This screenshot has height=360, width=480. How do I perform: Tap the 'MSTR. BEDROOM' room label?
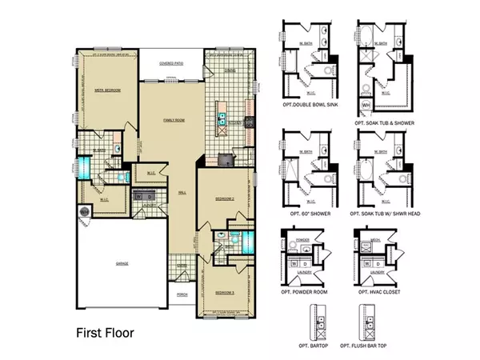click(x=107, y=90)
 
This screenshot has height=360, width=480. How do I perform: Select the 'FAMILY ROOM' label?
click(x=174, y=119)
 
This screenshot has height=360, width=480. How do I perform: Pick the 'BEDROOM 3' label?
click(x=225, y=293)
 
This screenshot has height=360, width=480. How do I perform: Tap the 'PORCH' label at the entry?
click(x=182, y=294)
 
